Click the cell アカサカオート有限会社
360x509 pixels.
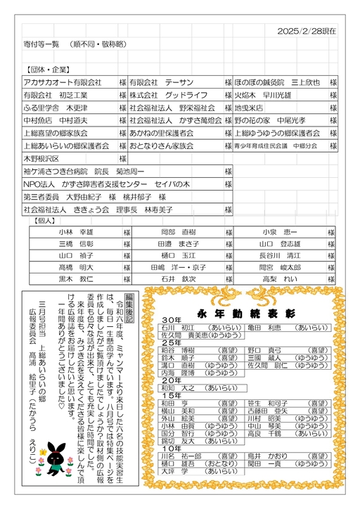point(63,83)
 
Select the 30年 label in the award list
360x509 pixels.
point(172,301)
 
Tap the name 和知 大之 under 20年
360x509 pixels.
point(178,367)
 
